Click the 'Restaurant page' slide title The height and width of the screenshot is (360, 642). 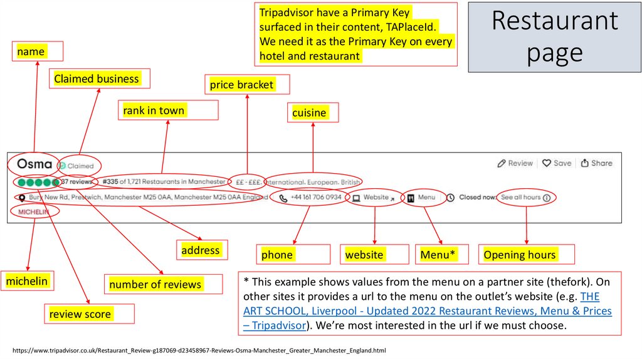555,37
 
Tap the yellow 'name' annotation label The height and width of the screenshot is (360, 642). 31,51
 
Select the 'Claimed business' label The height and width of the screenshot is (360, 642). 97,78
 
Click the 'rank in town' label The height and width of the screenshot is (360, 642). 154,110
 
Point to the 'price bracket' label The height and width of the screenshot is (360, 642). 241,85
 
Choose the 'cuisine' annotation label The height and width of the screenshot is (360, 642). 309,112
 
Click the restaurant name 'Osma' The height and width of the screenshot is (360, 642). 34,164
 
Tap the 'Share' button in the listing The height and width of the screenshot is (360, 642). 596,163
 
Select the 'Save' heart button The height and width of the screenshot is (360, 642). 557,163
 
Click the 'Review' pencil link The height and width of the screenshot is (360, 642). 515,163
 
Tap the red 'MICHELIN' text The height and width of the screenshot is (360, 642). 33,212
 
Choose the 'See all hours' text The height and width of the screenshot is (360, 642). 520,197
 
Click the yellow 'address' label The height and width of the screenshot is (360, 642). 201,250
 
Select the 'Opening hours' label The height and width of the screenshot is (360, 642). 520,255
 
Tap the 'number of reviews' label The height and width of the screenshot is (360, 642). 155,284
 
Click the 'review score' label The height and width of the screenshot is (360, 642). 80,314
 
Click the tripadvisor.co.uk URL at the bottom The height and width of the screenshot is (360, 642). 199,350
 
